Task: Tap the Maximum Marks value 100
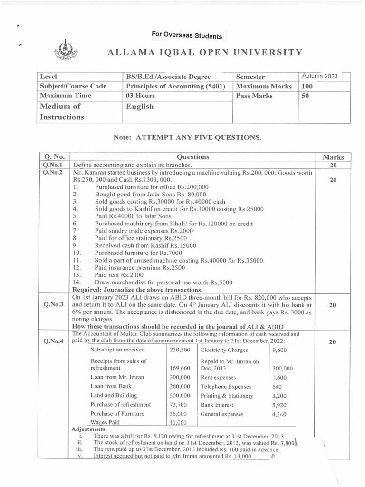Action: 307,87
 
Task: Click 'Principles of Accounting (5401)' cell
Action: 174,87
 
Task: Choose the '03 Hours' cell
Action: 141,96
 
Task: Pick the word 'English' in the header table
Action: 140,107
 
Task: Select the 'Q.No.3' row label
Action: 54,305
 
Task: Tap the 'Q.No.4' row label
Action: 54,341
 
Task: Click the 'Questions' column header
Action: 192,157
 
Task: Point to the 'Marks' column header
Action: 333,157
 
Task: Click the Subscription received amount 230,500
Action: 180,350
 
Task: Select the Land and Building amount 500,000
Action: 180,396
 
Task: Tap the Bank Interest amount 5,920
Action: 279,405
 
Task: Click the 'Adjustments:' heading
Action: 88,429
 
